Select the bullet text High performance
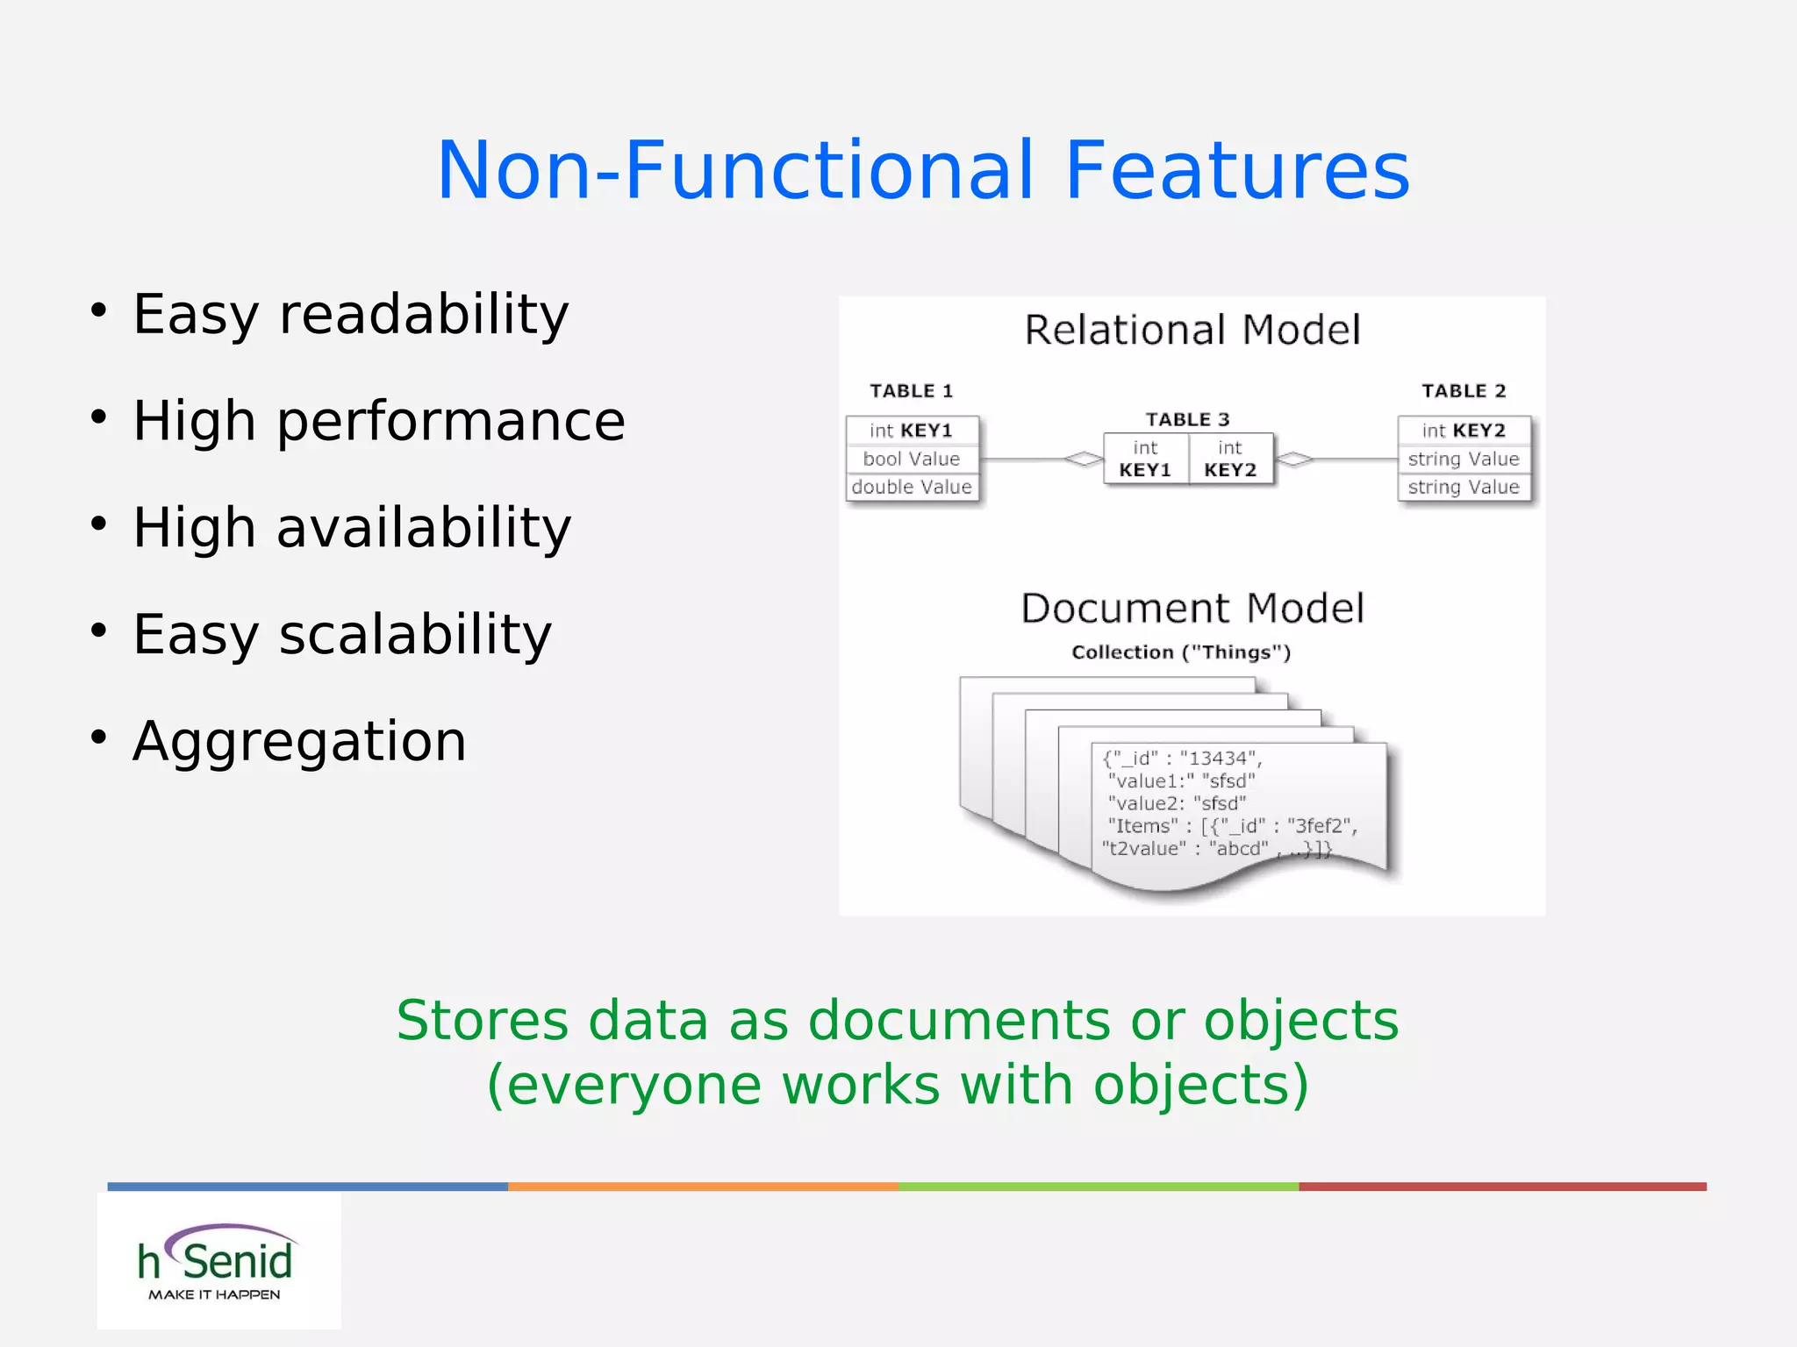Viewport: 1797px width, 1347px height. (x=378, y=421)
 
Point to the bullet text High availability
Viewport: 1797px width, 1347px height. (x=352, y=528)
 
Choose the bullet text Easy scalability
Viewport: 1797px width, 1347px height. (x=342, y=634)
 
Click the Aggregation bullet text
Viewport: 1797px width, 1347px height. (x=299, y=742)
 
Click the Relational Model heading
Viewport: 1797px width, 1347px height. (x=1192, y=331)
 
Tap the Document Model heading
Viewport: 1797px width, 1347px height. (x=1192, y=609)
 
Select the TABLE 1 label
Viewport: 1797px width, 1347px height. (x=911, y=391)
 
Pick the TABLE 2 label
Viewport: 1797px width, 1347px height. (x=1464, y=391)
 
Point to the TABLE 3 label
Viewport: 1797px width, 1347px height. (x=1187, y=420)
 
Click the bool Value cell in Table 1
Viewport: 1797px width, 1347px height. (x=912, y=460)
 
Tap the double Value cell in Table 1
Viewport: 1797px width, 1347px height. (x=912, y=488)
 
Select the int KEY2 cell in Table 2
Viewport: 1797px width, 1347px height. (x=1464, y=431)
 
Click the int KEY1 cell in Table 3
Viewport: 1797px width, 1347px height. (x=1145, y=459)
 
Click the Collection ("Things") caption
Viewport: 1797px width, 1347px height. (x=1181, y=652)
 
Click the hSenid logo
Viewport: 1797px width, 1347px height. (x=218, y=1261)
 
